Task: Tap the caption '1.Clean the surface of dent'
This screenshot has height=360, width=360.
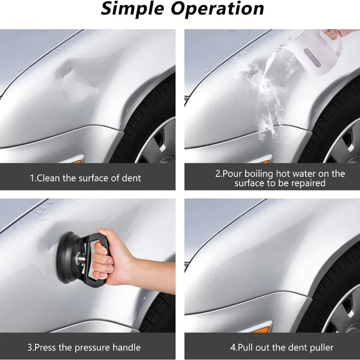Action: coord(85,178)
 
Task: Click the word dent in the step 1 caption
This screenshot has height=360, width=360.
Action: coord(132,178)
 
